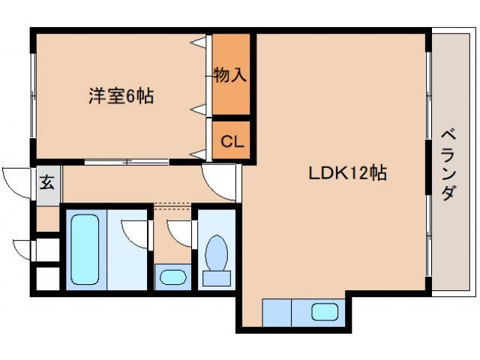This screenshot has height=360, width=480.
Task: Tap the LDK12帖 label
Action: pyautogui.click(x=348, y=173)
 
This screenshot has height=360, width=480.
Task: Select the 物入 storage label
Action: pyautogui.click(x=230, y=75)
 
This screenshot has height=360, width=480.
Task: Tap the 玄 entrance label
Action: pyautogui.click(x=46, y=182)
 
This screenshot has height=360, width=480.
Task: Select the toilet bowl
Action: pyautogui.click(x=217, y=252)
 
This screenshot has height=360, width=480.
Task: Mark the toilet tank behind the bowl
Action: pyautogui.click(x=217, y=278)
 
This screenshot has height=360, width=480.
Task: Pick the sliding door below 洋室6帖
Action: pyautogui.click(x=127, y=162)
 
